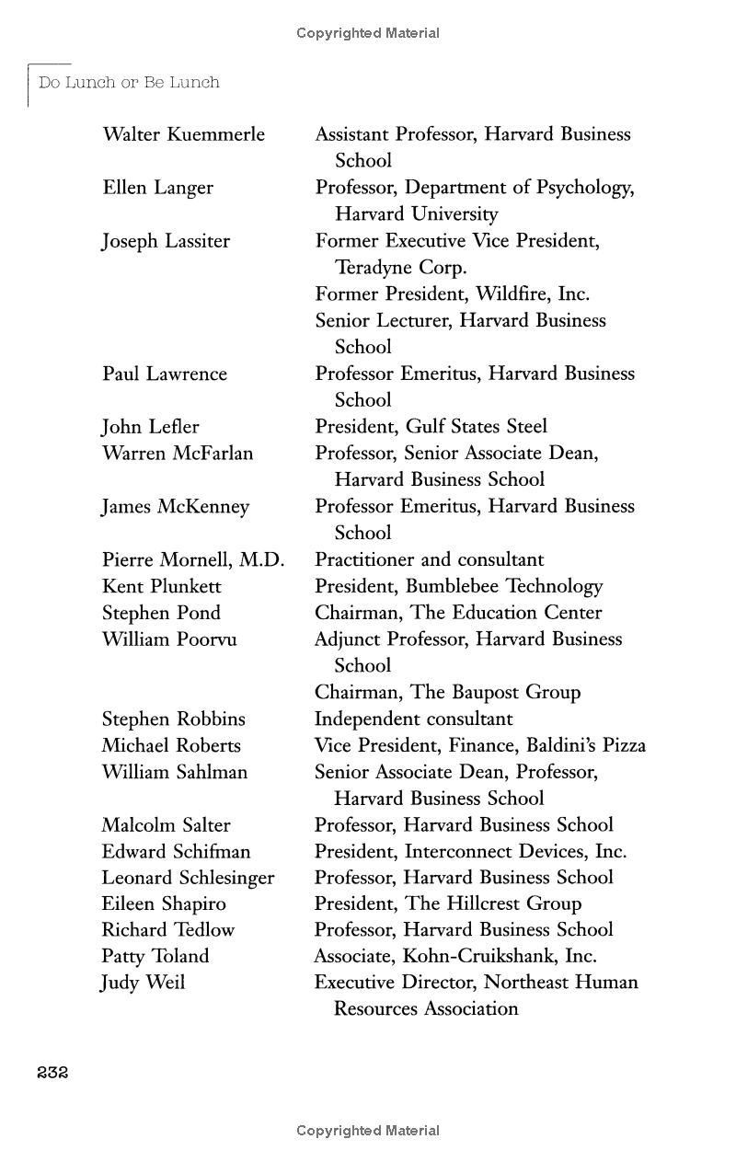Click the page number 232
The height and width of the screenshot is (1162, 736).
point(53,1072)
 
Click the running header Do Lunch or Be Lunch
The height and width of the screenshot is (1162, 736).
point(129,83)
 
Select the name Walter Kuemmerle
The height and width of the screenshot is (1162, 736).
point(183,134)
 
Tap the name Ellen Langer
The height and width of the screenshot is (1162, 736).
point(157,188)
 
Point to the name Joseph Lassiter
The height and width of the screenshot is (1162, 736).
point(166,241)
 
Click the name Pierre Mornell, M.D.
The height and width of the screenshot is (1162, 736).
point(192,559)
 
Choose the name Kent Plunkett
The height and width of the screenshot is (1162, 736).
point(161,586)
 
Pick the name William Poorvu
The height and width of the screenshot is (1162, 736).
point(168,639)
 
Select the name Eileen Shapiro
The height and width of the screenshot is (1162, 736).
point(163,903)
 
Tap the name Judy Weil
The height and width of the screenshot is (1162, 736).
point(143,983)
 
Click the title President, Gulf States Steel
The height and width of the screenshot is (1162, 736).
point(431,426)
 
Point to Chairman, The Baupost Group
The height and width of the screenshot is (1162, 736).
point(447,692)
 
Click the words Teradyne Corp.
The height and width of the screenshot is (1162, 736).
point(401,268)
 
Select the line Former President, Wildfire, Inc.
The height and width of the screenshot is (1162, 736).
point(452,294)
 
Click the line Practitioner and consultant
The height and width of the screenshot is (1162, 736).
point(429,559)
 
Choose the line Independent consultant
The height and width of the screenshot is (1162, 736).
point(413,719)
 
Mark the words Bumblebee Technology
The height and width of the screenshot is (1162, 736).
point(504,586)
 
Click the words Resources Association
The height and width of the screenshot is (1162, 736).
point(426,1008)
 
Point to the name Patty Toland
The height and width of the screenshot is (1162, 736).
point(155,956)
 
